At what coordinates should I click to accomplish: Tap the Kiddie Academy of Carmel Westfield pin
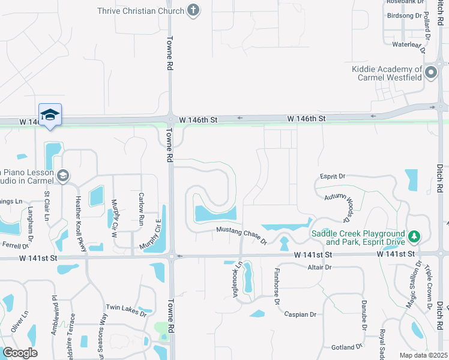[431, 73]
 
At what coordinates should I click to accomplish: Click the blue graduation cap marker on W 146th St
[50, 115]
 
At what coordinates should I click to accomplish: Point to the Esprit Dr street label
[334, 176]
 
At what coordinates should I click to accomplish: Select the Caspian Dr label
[300, 314]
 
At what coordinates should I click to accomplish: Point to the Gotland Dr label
[346, 347]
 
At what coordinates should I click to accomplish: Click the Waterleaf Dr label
[407, 44]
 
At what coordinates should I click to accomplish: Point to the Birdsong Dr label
[405, 16]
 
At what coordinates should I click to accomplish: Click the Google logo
[20, 353]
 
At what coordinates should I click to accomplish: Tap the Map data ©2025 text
[423, 355]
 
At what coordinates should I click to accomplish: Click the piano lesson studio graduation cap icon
[64, 176]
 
